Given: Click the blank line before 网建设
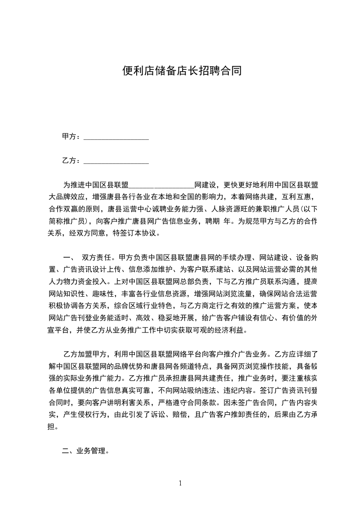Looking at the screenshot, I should [162, 186].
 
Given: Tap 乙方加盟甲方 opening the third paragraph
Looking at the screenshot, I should [85, 354].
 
